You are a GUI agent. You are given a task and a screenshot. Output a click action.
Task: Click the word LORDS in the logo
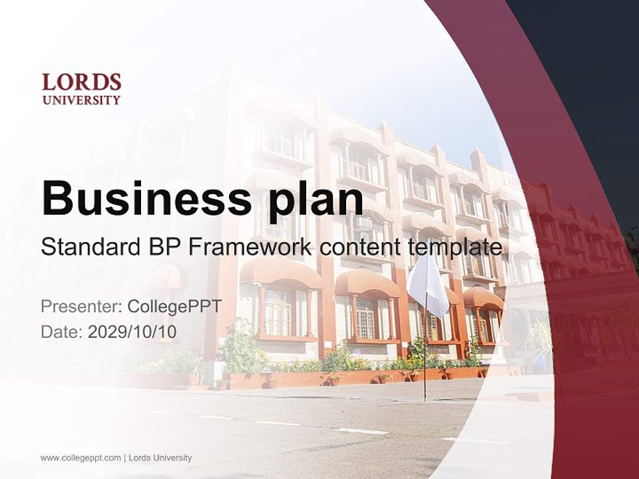[x=81, y=82]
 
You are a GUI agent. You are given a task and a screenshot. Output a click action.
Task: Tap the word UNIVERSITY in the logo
[x=81, y=100]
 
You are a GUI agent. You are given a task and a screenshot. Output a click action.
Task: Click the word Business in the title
[x=146, y=198]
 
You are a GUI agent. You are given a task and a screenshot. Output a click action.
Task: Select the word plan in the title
[x=316, y=202]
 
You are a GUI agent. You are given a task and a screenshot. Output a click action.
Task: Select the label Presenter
[x=81, y=306]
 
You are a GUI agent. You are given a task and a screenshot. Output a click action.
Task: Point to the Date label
[x=62, y=332]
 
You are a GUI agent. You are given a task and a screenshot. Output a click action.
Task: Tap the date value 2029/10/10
[x=132, y=332]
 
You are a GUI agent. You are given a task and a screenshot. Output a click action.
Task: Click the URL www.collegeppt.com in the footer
[x=81, y=458]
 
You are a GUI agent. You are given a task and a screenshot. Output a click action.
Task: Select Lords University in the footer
[x=160, y=458]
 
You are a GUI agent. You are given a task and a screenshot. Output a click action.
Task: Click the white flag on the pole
[x=428, y=285]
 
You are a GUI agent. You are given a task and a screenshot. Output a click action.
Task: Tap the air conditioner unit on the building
[x=362, y=224]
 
